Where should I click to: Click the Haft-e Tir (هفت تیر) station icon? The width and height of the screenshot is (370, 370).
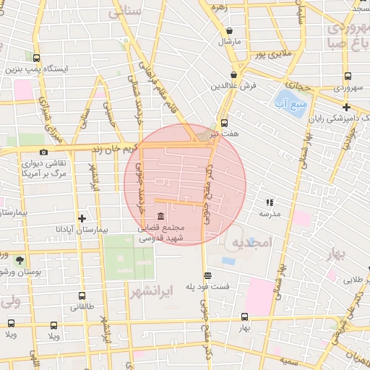coord(224,123)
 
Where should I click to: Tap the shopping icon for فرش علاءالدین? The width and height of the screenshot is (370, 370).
coord(233,74)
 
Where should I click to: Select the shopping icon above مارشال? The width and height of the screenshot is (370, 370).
coord(230,31)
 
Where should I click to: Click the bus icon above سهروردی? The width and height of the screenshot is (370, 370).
coord(348,76)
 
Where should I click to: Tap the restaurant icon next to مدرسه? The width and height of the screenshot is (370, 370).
coord(270,203)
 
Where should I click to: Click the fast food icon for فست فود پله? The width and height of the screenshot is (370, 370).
coord(208,275)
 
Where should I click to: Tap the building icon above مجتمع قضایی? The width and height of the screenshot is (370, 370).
coord(160,218)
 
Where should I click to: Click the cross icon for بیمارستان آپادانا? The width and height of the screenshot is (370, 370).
coord(82,218)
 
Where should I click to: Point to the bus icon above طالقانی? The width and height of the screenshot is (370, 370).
coord(82,296)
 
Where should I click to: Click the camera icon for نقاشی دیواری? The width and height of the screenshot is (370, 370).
coord(43,152)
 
